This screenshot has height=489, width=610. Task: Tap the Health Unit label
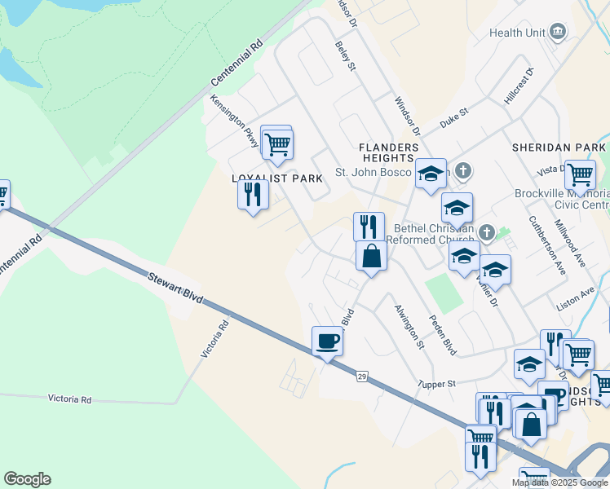(517, 33)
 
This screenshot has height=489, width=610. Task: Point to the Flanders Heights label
(389, 152)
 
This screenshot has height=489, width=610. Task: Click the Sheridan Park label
(559, 148)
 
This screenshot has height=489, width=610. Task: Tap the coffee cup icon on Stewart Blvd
(327, 340)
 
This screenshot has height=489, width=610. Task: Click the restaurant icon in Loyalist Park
(253, 194)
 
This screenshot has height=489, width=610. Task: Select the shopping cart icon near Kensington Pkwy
(277, 144)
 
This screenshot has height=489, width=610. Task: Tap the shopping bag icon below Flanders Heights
(371, 255)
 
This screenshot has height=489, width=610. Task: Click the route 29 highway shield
(361, 375)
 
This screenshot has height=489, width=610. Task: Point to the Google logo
(27, 479)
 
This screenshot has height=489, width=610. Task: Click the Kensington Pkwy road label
(235, 122)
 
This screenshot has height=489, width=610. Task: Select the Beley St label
(346, 57)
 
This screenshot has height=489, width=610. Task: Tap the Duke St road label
(454, 117)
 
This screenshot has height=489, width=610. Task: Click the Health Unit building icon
(558, 33)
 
